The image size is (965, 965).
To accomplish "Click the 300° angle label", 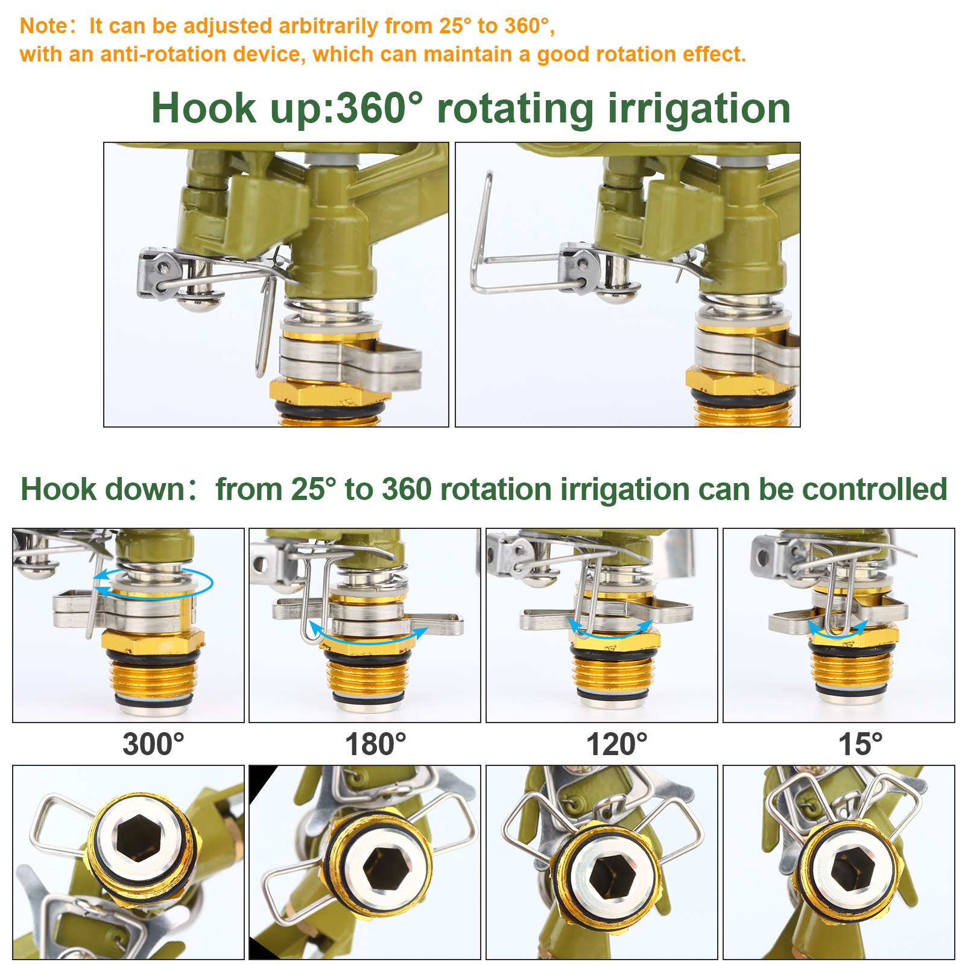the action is coord(153,744).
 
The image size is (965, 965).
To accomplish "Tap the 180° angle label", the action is coord(375,744).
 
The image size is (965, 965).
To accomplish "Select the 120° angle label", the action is coord(616,744).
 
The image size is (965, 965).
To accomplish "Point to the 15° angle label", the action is coord(860,744).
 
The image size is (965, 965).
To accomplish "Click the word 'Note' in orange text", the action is coord(44,26).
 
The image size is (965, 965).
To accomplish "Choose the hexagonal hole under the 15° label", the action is coord(852,868).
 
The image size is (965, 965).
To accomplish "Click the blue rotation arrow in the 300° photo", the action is coord(154,583).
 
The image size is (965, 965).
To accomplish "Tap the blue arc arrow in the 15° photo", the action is coord(837,632).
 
